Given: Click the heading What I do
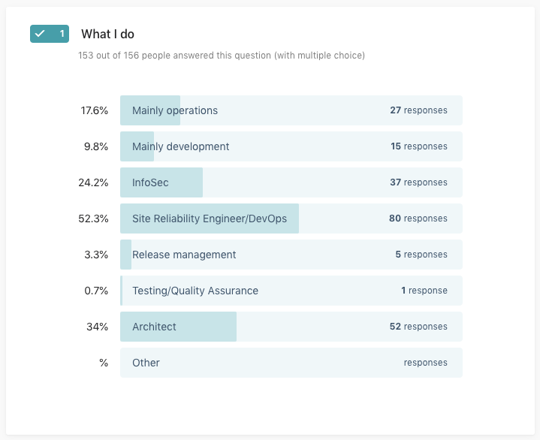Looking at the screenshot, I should point(107,34).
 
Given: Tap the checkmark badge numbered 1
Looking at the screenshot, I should point(50,34).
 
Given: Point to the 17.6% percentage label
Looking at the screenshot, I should point(95,110).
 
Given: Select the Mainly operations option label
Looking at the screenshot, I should point(174,110).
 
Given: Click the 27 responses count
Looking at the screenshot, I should point(418,110).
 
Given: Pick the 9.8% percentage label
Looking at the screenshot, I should point(96,146).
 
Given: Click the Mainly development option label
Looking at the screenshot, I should point(180,146).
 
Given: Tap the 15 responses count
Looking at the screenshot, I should point(418,146).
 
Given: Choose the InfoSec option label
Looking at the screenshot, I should point(150,182).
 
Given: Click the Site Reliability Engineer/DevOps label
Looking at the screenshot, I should point(209,218).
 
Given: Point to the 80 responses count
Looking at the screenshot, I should point(418,218).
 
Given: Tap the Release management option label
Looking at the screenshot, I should point(184,255).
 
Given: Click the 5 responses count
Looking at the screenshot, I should point(421,255).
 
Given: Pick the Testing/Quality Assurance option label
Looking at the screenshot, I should point(195,291).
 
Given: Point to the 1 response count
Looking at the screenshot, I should point(424,291).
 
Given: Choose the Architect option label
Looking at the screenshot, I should point(154,327).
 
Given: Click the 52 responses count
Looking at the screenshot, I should point(418,327).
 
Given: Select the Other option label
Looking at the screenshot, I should point(146,363).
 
